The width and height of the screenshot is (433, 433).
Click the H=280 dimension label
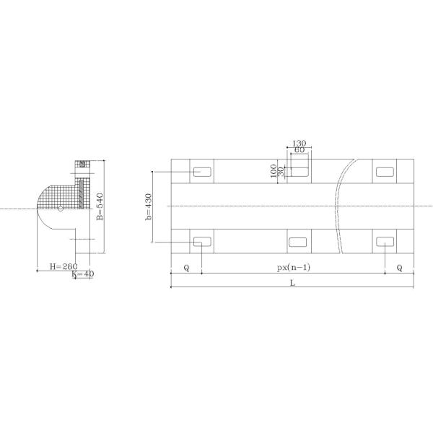[x=64, y=266]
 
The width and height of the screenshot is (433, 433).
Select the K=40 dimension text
[x=83, y=274]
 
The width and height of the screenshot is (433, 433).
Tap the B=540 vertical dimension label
[x=100, y=206]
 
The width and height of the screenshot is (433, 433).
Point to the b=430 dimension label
[x=149, y=207]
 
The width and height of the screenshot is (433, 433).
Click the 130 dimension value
[x=299, y=144]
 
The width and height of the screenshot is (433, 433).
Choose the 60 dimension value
[x=299, y=150]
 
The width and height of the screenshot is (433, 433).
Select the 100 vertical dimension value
[x=274, y=171]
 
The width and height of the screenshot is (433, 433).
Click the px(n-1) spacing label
[x=294, y=267]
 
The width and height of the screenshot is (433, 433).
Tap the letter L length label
[x=293, y=283]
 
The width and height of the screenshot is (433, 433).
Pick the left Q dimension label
[x=187, y=268]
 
